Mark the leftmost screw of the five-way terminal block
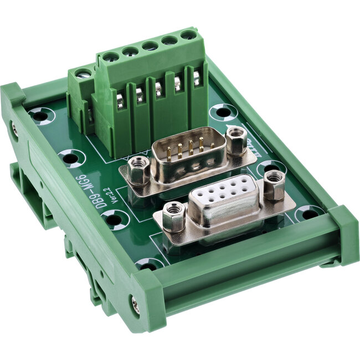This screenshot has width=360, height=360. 110,57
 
